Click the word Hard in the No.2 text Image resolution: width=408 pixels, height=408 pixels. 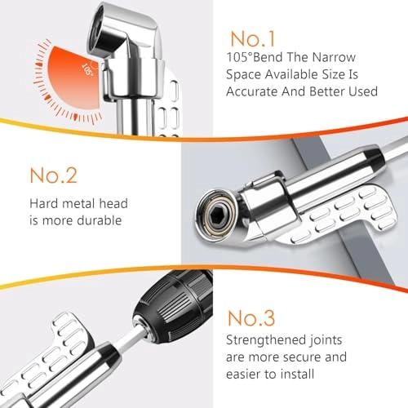point(43,202)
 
